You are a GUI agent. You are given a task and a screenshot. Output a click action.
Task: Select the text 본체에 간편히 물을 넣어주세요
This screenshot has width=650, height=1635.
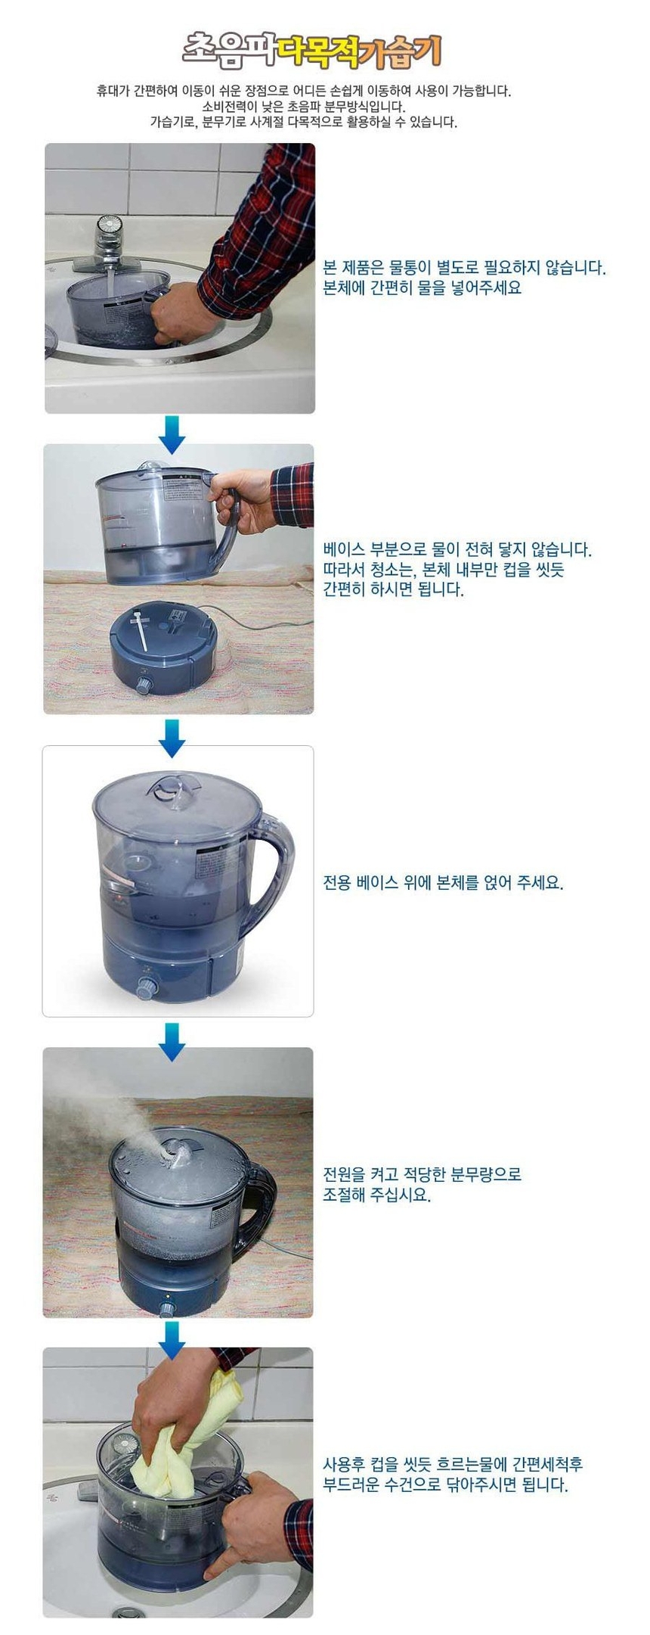click(x=422, y=288)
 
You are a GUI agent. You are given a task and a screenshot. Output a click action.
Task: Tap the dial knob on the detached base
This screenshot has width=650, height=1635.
click(x=144, y=685)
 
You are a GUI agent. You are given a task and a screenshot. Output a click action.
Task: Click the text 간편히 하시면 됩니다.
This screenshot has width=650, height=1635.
click(x=393, y=589)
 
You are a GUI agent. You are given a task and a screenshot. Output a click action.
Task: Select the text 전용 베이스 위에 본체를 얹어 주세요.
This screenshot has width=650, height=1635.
click(x=443, y=882)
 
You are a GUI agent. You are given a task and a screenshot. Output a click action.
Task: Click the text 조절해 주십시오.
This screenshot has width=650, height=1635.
click(x=376, y=1195)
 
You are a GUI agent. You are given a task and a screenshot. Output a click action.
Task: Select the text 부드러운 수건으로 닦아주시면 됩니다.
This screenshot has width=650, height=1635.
click(x=445, y=1485)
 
